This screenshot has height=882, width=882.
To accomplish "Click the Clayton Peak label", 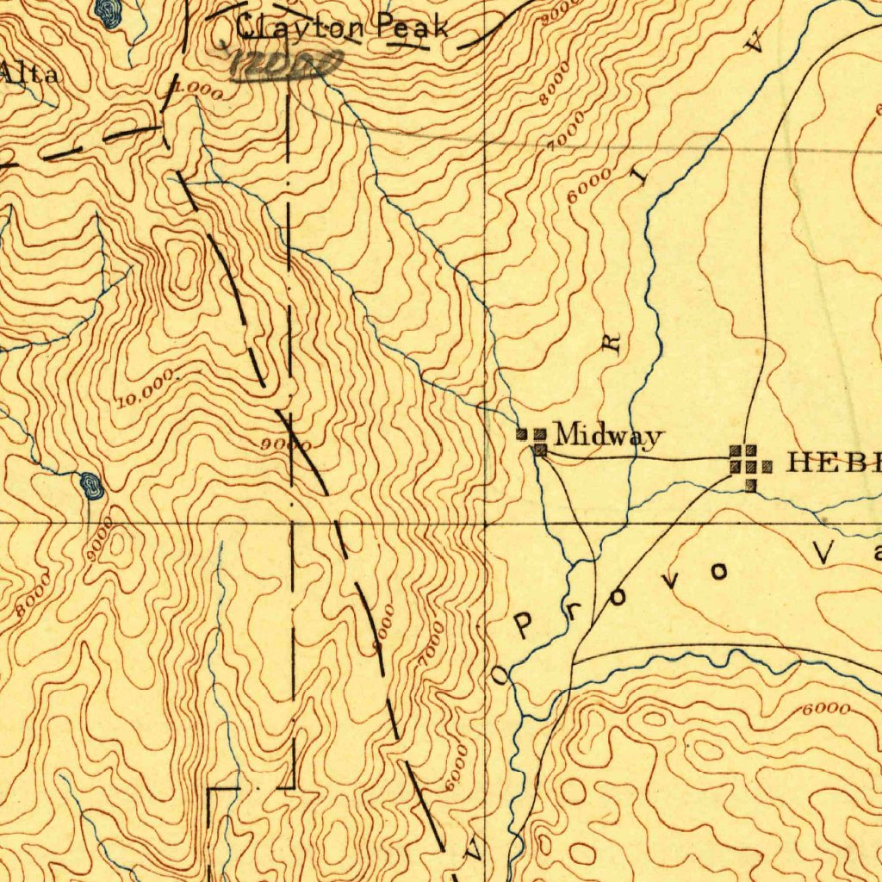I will (342, 28).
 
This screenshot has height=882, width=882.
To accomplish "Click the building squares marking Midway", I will (533, 440).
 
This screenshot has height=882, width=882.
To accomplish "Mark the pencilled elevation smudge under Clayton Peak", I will (288, 65).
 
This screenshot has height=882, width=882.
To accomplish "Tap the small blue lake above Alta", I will (107, 11).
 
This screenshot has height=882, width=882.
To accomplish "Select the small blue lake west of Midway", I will (90, 486).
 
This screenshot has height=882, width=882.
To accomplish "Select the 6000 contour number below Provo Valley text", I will (825, 710).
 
